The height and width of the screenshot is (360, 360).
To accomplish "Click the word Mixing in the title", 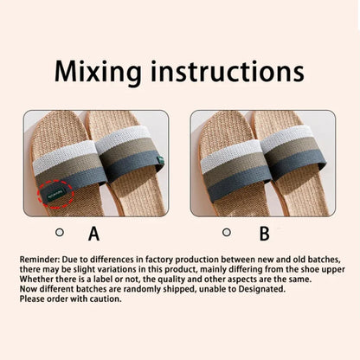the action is (98, 72).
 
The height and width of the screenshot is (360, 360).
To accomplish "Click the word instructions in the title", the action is (228, 71).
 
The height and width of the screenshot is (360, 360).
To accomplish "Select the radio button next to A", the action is (60, 232).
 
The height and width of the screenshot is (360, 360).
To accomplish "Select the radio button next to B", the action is (227, 232).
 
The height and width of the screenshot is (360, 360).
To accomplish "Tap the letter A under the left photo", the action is (93, 234).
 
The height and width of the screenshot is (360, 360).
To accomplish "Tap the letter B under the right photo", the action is (264, 234).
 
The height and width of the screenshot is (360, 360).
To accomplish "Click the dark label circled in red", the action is (55, 193).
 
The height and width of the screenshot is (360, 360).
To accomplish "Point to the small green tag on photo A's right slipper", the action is (160, 160).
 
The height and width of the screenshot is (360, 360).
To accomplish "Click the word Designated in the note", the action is (261, 289).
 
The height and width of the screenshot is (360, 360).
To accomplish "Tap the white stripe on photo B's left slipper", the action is (230, 155).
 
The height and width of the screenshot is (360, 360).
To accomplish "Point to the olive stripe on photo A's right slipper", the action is (127, 151).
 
